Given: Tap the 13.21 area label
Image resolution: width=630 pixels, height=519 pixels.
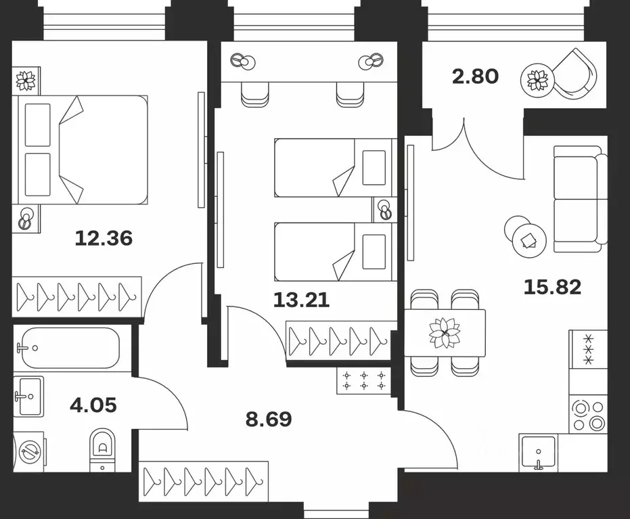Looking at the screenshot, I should coord(301,299).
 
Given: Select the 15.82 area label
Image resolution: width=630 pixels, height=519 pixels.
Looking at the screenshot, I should coord(552,287).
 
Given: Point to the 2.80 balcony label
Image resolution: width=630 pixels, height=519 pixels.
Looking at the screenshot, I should coord(475,76).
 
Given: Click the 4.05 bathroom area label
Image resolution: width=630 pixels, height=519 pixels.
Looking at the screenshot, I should coord(93,405).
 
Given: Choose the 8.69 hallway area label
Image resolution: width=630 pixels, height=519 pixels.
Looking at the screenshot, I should coord(269,419).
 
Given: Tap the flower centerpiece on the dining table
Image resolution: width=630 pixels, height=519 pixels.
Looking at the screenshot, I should coord(445,333).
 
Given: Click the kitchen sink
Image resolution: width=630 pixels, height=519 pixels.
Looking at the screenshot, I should coord(539,451).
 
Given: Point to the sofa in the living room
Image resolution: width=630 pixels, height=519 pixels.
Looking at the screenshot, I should coord(579,199).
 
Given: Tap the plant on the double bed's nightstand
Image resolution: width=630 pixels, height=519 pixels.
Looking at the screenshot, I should coord(26,80).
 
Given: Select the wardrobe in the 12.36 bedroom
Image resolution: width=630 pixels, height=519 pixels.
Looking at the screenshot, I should coord(77,296).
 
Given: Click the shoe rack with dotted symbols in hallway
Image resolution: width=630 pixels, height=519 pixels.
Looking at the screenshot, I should coord(364,380).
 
